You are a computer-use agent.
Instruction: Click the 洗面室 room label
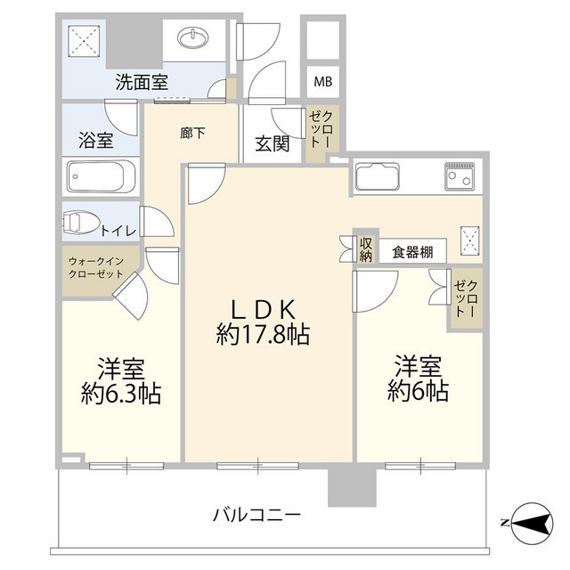point(142,83)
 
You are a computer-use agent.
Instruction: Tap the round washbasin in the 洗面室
point(194,38)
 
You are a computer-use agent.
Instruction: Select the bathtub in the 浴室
point(100,176)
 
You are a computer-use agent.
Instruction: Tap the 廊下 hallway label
point(192,134)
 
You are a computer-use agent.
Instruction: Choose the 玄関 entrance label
point(272,142)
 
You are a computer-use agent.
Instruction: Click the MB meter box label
point(321,83)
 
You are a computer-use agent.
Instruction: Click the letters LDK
point(263,309)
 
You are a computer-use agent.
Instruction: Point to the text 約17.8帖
point(263,335)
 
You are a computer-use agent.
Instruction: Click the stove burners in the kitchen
point(461,178)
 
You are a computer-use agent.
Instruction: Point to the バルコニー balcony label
point(256,515)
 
